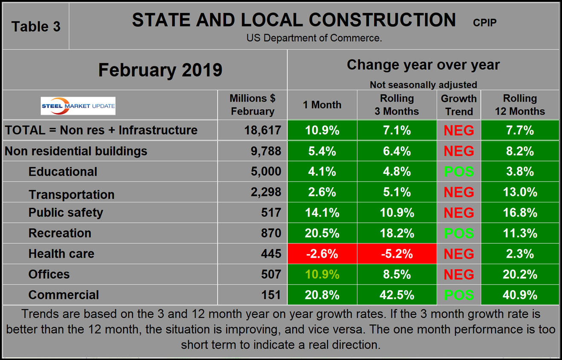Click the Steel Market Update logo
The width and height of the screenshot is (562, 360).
tap(78, 106)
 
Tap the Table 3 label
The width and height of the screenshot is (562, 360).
tap(36, 26)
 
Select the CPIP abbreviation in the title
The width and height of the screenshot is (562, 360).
tap(484, 23)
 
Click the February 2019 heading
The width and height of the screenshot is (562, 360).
tap(160, 70)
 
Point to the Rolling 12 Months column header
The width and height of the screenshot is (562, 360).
tap(519, 105)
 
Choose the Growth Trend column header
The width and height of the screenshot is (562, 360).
tap(458, 105)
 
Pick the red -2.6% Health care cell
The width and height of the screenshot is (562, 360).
tap(322, 254)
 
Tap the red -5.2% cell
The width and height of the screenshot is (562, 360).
tap(397, 254)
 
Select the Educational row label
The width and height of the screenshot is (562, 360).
tap(63, 172)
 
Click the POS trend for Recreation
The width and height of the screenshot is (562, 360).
tap(459, 233)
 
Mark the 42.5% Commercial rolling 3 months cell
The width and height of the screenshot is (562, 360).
tap(397, 295)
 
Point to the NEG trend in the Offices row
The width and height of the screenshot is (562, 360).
tap(459, 274)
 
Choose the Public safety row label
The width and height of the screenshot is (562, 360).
tap(66, 213)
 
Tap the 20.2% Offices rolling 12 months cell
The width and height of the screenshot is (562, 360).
tap(519, 274)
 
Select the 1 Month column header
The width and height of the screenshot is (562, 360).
tap(322, 105)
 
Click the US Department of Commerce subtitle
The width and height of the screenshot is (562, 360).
tap(314, 38)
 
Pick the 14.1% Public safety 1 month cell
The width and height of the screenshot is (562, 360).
tap(322, 213)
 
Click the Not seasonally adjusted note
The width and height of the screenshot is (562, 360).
tap(423, 84)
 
